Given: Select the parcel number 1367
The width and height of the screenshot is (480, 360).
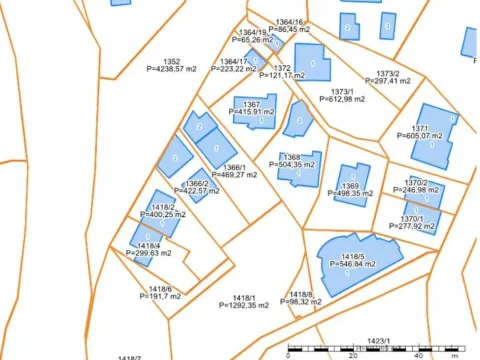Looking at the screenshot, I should click(x=252, y=104).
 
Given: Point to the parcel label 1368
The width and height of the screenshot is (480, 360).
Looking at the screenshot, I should click(x=292, y=158).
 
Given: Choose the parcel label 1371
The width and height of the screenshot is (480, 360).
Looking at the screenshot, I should click(x=420, y=128).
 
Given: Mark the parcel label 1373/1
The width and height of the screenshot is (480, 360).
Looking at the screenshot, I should click(x=337, y=91).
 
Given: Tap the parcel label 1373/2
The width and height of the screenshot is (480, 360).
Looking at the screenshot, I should click(x=388, y=73).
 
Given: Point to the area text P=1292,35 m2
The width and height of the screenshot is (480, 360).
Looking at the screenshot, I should click(x=245, y=305).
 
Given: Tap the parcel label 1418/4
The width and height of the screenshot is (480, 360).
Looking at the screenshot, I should click(x=148, y=246).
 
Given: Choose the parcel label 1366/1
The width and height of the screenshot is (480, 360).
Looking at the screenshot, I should click(x=233, y=167).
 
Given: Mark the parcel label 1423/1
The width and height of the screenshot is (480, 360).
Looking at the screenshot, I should click(x=381, y=340).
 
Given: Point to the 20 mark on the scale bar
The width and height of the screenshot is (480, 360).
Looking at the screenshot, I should click(x=353, y=355).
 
